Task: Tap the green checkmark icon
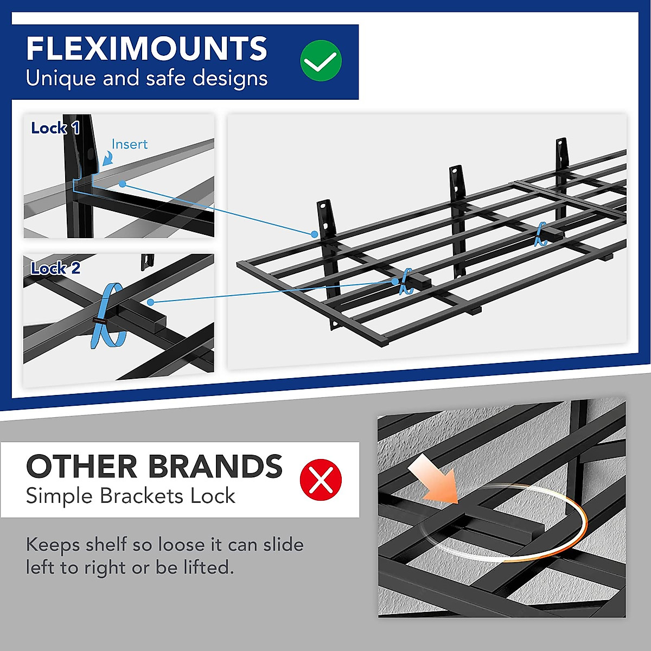pos(321,61)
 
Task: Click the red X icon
pos(321,480)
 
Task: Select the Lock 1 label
pos(55,129)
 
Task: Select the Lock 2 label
pos(55,269)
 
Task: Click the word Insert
pos(129,144)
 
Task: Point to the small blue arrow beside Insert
pos(107,158)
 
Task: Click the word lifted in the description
pos(207,567)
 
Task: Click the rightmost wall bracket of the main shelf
pos(561,155)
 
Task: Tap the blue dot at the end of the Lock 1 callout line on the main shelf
pos(315,234)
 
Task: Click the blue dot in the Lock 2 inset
pos(150,302)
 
